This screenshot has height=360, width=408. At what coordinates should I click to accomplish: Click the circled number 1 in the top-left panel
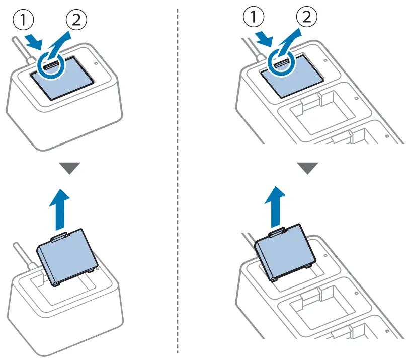tap(23, 21)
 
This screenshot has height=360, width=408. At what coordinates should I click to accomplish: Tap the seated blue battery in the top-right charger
tap(291, 76)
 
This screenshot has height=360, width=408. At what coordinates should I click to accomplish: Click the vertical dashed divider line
tap(179, 181)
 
